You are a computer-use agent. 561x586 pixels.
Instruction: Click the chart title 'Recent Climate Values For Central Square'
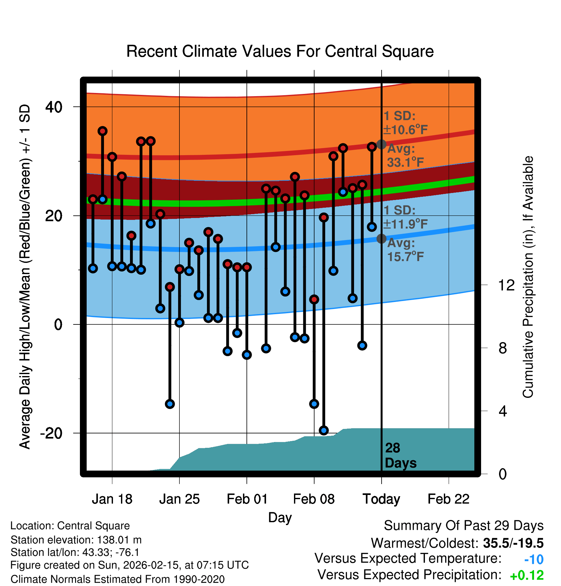pyautogui.click(x=280, y=52)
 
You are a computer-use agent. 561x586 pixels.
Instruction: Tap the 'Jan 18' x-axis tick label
pyautogui.click(x=112, y=499)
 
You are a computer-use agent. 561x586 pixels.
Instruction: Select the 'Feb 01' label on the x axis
pyautogui.click(x=247, y=499)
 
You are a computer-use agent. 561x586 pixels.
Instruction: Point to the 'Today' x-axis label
pyautogui.click(x=381, y=499)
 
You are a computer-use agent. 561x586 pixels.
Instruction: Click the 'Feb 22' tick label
pyautogui.click(x=448, y=499)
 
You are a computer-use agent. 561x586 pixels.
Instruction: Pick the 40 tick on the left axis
pyautogui.click(x=54, y=107)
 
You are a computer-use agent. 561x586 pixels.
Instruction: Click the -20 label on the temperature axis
pyautogui.click(x=51, y=433)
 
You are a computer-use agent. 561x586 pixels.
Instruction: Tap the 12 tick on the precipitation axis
pyautogui.click(x=506, y=285)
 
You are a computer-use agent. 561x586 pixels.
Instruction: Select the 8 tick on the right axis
pyautogui.click(x=503, y=348)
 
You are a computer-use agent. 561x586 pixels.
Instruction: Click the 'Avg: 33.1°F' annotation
pyautogui.click(x=405, y=156)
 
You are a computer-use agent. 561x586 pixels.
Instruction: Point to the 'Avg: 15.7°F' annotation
pyautogui.click(x=405, y=250)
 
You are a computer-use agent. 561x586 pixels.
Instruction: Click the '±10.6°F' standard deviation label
pyautogui.click(x=405, y=130)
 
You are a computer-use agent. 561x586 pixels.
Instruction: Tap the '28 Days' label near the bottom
pyautogui.click(x=400, y=456)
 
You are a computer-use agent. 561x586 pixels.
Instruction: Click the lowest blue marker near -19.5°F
pyautogui.click(x=324, y=430)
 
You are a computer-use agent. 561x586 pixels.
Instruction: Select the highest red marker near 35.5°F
pyautogui.click(x=102, y=131)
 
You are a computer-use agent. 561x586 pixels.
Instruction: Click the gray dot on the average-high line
pyautogui.click(x=381, y=144)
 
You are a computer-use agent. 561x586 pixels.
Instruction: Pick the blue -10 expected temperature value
pyautogui.click(x=534, y=560)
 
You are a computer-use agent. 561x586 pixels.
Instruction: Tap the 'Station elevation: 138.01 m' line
pyautogui.click(x=76, y=540)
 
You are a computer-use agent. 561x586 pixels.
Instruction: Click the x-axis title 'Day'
pyautogui.click(x=280, y=517)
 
